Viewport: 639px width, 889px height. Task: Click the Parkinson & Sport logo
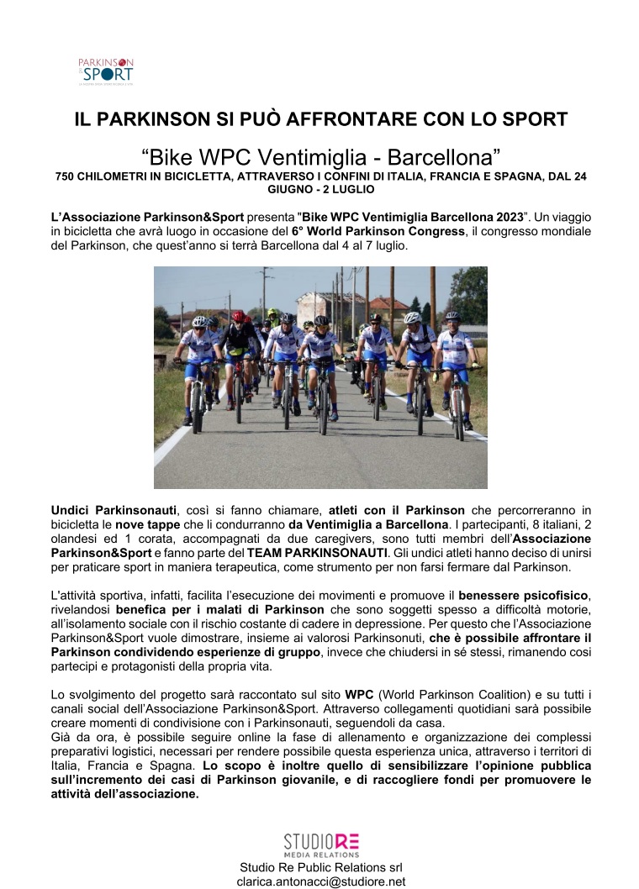point(106,71)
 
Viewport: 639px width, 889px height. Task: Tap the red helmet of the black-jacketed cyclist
point(238,317)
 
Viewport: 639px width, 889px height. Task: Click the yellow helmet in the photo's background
point(272,313)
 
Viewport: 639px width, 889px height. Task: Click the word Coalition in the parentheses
point(503,696)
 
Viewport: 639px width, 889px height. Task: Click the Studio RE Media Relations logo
point(321,844)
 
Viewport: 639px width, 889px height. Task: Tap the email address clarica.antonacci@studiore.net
point(320,881)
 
